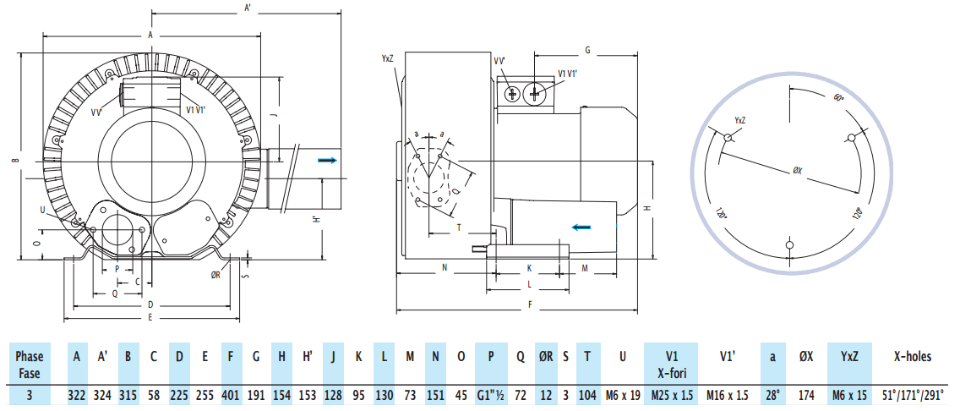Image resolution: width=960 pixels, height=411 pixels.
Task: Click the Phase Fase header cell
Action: pyautogui.click(x=30, y=364)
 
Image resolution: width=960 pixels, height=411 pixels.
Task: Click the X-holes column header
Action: pyautogui.click(x=912, y=356)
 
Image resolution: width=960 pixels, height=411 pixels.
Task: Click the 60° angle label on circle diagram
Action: pyautogui.click(x=838, y=97)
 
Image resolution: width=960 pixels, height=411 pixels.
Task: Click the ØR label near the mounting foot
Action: pyautogui.click(x=216, y=274)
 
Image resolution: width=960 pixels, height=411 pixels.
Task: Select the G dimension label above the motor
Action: pyautogui.click(x=586, y=50)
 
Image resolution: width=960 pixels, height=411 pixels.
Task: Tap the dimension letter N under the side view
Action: pyautogui.click(x=445, y=267)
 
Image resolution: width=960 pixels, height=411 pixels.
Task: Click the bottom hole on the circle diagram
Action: pyautogui.click(x=789, y=245)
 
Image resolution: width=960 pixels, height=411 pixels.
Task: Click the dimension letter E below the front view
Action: pyautogui.click(x=150, y=318)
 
